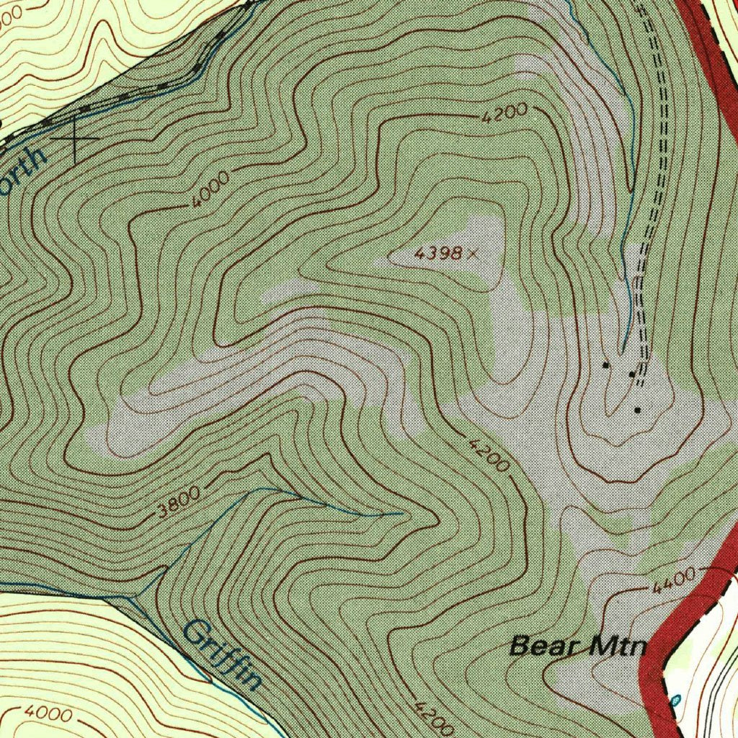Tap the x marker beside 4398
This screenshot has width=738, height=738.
point(472,252)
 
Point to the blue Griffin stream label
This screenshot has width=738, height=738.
point(222,654)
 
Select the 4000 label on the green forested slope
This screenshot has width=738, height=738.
point(211,190)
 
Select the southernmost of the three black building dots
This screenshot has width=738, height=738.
point(637,410)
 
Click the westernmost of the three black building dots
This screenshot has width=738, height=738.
point(605,365)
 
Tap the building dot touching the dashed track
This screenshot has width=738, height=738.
point(632,374)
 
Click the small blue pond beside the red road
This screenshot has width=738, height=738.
point(675,700)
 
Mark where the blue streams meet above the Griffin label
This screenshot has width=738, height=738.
point(132,597)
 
